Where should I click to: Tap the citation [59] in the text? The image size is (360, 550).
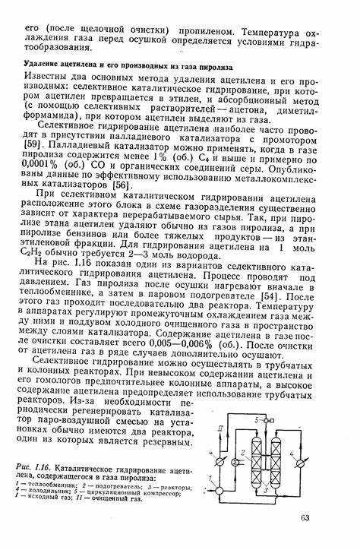[33, 143]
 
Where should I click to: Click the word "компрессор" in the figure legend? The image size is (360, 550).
[162, 492]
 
